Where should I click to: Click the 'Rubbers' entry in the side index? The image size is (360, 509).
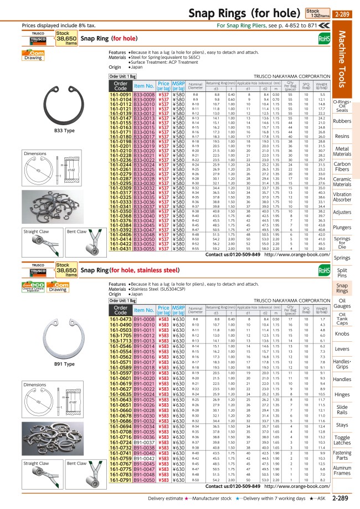[342, 121]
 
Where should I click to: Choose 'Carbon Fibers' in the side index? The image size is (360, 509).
[342, 167]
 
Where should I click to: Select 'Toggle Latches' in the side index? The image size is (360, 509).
[342, 425]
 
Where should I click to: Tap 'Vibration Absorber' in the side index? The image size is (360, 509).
[342, 198]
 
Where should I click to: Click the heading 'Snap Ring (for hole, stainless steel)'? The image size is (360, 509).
[130, 270]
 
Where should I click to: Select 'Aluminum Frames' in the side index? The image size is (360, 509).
[342, 471]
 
